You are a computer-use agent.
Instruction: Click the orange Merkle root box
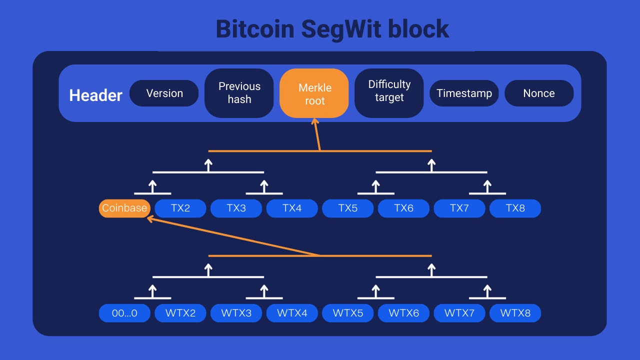314,93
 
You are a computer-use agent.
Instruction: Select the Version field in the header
164,93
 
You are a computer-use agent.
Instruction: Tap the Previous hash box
239,93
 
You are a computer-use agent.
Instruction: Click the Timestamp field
464,93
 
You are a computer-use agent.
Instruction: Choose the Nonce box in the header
539,93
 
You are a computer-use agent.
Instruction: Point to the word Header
95,95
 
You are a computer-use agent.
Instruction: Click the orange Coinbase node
124,208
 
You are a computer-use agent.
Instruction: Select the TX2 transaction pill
180,208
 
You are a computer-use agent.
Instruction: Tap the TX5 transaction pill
348,208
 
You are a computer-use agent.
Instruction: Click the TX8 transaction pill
515,208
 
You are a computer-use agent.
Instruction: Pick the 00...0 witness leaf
124,313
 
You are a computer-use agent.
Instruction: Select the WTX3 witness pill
236,313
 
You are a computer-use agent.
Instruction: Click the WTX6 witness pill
403,313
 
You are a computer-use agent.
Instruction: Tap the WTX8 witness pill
515,313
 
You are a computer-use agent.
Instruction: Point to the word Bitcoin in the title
255,29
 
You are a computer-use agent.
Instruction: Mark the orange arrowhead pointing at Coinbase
149,218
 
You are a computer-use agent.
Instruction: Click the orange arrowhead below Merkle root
314,121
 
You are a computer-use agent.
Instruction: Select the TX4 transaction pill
292,208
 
